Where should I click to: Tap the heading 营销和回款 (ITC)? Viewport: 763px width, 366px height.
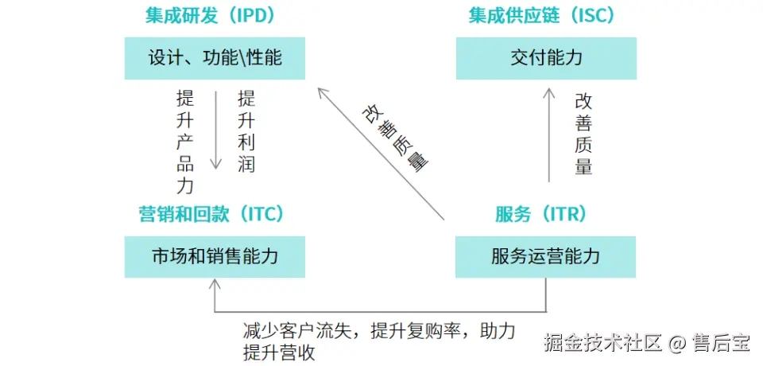point(211,214)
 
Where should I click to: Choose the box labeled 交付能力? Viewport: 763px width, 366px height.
point(546,58)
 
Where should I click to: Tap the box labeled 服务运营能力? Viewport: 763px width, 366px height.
point(545,256)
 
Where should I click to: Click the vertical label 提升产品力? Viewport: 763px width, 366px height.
point(185,142)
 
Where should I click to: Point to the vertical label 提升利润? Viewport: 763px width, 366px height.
point(246,132)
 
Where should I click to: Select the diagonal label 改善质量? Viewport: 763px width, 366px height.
point(395,137)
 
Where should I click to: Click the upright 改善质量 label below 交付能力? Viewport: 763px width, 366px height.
point(583,134)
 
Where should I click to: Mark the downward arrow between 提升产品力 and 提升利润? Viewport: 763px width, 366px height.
point(215,130)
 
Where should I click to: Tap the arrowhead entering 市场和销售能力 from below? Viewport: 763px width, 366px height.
point(215,285)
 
